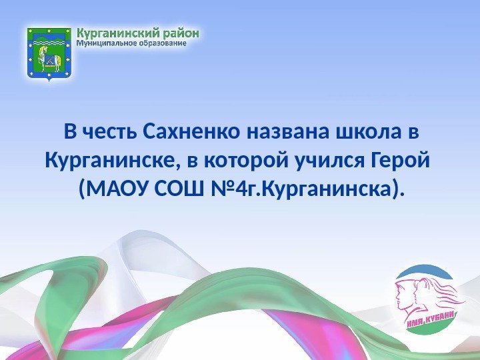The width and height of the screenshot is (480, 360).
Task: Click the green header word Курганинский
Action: [121, 33]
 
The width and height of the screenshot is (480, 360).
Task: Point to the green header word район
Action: [181, 33]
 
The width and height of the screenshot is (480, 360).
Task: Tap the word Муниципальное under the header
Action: [109, 44]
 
